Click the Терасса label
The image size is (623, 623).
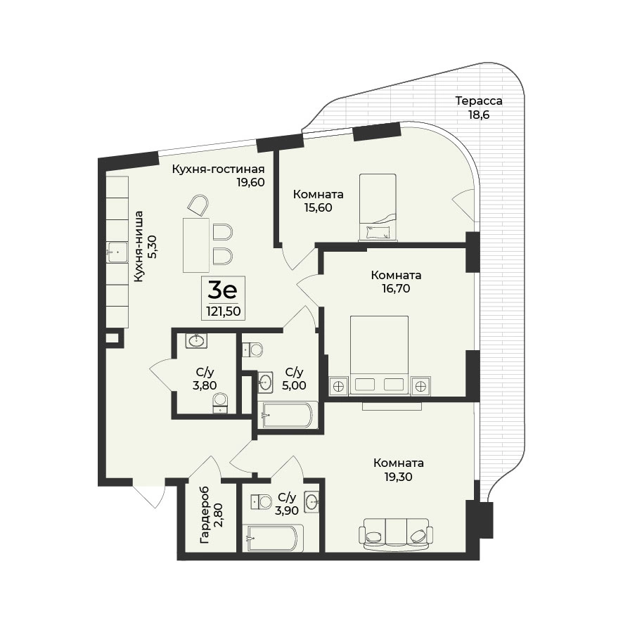479,101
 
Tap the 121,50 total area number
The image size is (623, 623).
224,311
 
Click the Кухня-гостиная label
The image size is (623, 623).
218,169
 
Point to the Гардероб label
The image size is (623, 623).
205,515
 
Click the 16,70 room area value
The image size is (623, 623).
396,288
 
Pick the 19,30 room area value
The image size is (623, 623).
399,477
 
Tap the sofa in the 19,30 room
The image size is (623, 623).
396,534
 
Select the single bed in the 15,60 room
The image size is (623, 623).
378,207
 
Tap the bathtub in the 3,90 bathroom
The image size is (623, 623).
275,539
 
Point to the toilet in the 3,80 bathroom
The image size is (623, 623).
219,403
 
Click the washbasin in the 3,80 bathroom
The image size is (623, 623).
196,340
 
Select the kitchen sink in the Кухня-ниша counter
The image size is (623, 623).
117,252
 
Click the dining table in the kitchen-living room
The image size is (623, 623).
196,245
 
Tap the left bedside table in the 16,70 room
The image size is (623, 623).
338,386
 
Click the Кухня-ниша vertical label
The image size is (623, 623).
145,246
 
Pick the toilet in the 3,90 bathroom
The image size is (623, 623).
261,502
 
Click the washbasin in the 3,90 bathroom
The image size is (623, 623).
311,502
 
